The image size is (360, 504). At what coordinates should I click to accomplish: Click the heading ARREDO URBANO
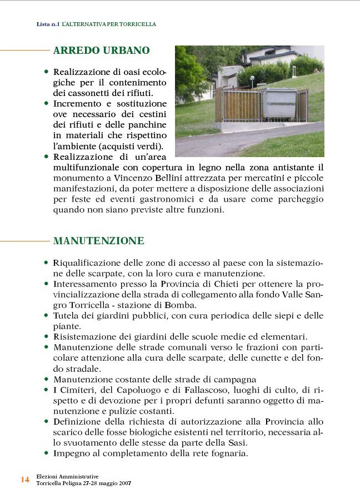pos(101,51)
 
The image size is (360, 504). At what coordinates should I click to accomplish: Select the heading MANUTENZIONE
pos(98,241)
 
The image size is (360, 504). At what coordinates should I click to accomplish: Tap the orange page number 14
pos(25,480)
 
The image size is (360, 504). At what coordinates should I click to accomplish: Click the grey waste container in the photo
pos(279,103)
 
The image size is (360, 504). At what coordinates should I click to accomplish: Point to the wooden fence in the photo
pos(238,106)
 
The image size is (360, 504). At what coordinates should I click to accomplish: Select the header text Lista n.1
pos(48,24)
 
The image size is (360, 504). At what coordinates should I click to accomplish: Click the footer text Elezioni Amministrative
pos(67,476)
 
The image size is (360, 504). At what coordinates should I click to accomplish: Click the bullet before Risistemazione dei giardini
pos(46,336)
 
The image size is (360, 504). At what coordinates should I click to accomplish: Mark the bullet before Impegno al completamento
pos(46,453)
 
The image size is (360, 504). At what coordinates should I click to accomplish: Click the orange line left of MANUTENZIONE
pos(24,241)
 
